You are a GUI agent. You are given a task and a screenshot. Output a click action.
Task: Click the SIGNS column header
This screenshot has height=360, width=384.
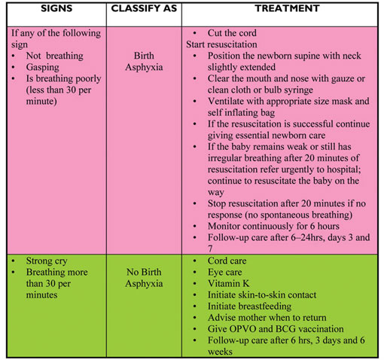point(56,8)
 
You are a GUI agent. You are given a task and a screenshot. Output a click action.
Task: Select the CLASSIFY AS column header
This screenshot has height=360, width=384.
point(144,8)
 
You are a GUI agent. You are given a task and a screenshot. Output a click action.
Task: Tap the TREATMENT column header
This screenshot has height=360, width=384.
point(287,8)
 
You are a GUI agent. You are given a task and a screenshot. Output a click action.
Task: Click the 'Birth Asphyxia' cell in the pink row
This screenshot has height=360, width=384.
point(144,61)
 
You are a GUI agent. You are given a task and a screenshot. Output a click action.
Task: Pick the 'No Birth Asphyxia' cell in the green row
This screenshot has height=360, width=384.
point(144,278)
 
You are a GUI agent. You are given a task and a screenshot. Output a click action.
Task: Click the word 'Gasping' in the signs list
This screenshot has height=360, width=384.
point(43,67)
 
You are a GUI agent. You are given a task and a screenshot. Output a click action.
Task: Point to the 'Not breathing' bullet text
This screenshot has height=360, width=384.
point(54,56)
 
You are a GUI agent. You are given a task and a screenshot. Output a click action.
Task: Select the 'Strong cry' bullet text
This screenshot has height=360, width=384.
point(47,261)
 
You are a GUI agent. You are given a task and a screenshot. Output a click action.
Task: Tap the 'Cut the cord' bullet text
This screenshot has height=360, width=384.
point(232,33)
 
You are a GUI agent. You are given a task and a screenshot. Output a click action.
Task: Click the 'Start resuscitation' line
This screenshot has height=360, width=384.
point(221,44)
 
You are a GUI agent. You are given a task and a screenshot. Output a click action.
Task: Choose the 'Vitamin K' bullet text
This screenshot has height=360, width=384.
point(228,283)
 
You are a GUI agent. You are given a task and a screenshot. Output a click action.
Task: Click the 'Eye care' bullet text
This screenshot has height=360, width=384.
point(224,272)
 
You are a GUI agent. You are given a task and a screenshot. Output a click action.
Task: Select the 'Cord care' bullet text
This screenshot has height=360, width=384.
point(227,261)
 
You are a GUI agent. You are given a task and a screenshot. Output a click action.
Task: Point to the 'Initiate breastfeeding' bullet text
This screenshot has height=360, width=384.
point(249,307)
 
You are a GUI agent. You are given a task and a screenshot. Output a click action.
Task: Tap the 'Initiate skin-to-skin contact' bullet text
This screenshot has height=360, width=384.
point(262,295)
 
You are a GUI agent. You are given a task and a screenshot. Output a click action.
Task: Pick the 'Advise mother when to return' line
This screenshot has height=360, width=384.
point(267,318)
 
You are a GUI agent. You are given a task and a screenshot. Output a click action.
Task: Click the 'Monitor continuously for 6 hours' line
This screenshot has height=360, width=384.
point(273,226)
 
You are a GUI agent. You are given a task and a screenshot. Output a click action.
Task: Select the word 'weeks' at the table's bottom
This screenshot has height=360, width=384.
point(220,352)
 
